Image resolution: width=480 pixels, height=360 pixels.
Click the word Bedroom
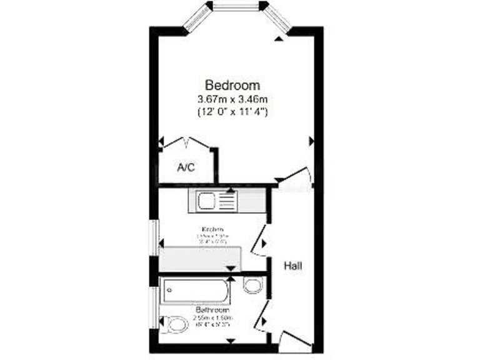pos(232,85)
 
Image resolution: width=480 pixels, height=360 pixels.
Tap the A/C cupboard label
pos(185,167)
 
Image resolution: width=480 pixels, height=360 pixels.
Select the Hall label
pos(294,266)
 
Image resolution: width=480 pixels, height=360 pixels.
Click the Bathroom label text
pos(212,310)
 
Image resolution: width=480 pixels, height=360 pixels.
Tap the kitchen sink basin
pos(207,201)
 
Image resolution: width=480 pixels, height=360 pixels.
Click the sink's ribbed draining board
pos(227,201)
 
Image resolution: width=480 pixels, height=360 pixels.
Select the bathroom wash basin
pos(252,286)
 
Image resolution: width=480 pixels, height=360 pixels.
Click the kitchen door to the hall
pos(260,242)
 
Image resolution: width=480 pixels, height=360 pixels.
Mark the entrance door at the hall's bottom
pos(295,339)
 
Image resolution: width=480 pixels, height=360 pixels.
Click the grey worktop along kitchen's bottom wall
pos(200,258)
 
